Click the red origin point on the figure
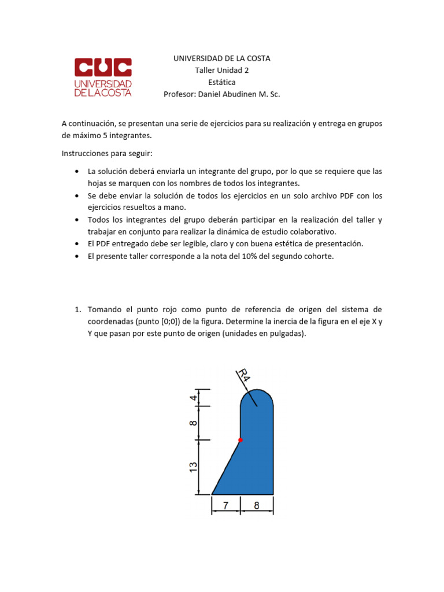coord(240,440)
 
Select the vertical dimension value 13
coord(194,467)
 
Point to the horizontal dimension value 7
coord(226,506)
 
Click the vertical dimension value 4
coord(194,398)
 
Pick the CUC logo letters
coord(103,68)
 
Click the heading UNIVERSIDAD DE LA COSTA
coord(222,58)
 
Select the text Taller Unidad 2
coord(222,71)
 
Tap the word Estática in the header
coord(222,82)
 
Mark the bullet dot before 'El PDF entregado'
coord(77,243)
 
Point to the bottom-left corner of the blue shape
coord(213,494)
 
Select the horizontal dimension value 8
coord(257,506)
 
